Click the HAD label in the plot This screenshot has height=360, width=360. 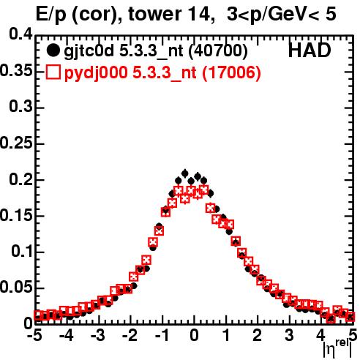coord(310,50)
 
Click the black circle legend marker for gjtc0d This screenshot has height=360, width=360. coord(53,50)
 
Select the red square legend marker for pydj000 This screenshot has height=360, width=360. coord(53,72)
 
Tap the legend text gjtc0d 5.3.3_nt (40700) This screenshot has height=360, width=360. coord(156,51)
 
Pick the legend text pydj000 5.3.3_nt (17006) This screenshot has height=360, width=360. coord(162,73)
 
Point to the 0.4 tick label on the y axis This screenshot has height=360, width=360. coord(21,34)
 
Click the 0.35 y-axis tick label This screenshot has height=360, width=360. coord(16,70)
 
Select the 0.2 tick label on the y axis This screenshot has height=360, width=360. coord(21,179)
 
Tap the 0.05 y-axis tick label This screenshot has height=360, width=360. coord(16,287)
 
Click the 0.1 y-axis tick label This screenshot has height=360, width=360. coord(22,251)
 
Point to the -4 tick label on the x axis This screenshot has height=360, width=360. coord(67,336)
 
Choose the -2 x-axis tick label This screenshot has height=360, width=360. coord(130,336)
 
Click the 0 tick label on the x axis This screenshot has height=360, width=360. coord(194,336)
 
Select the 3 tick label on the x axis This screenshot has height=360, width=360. coord(289,336)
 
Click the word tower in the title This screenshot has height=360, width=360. coord(155,14)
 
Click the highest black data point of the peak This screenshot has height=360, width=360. coord(185,173)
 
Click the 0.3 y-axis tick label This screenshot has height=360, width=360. coord(21,107)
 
